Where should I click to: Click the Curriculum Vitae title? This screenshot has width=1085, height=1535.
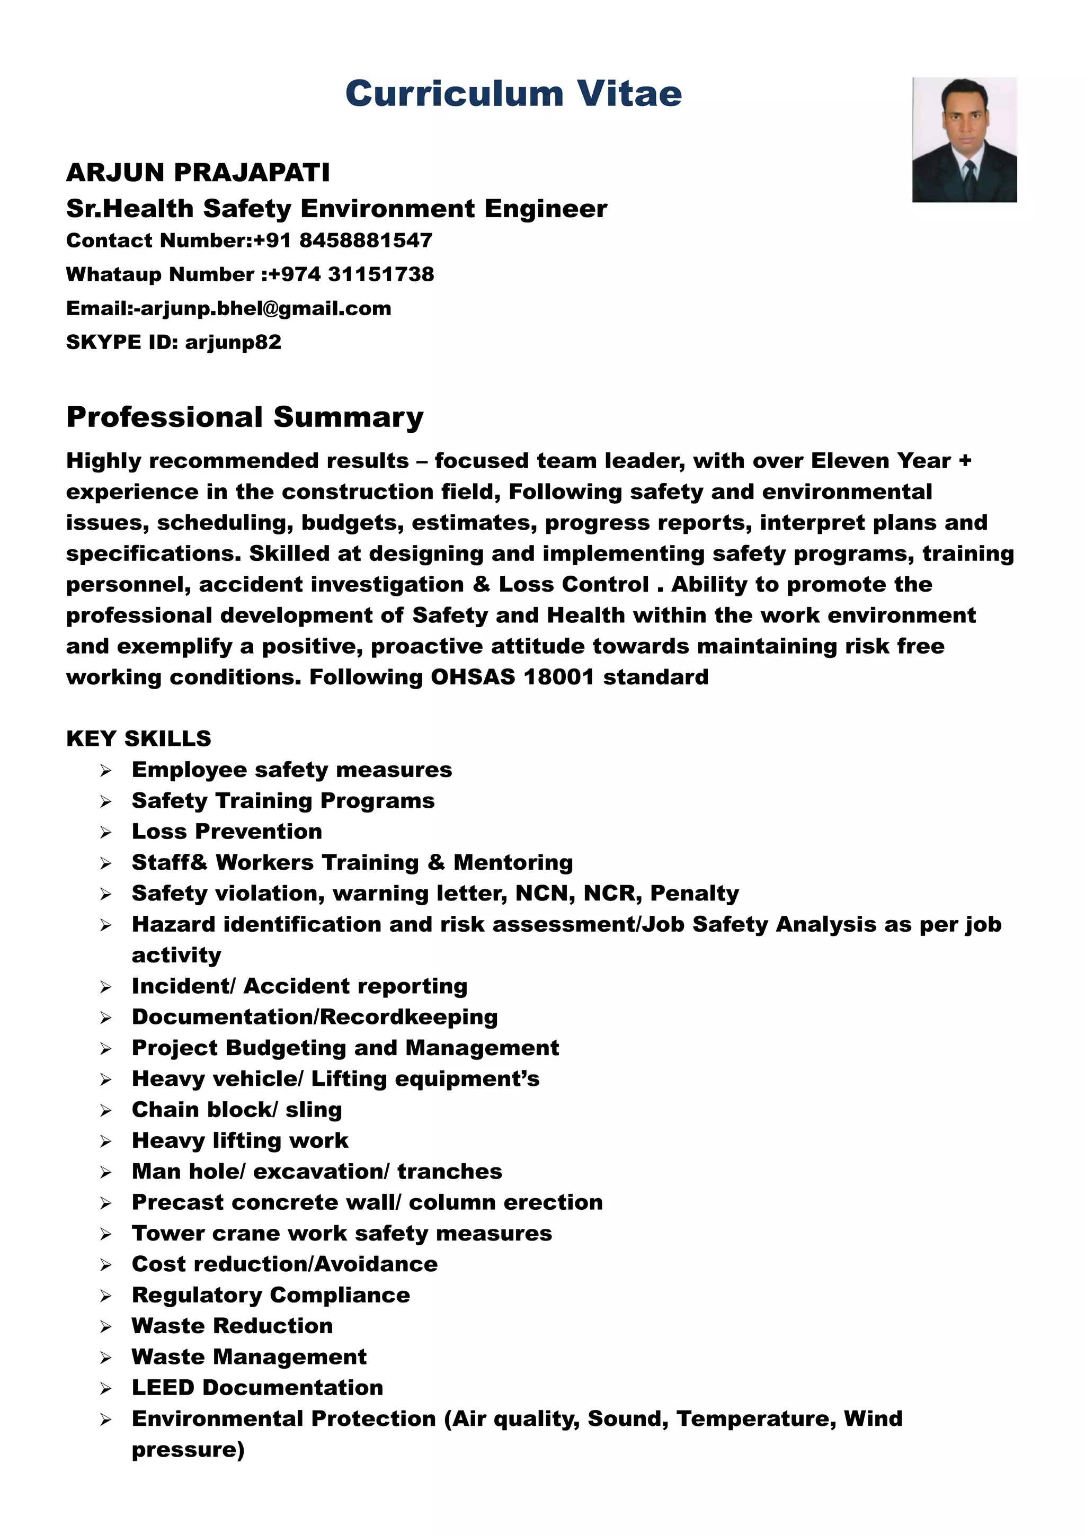pos(513,94)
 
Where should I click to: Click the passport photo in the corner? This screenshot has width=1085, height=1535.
pos(964,139)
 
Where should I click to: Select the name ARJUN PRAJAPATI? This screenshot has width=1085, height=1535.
pos(198,173)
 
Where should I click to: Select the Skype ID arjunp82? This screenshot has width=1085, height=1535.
pos(233,342)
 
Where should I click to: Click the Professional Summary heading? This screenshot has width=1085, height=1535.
pos(245,417)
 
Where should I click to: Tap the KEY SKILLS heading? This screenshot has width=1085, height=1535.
pos(138,739)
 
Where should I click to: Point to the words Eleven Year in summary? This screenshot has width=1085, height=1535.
pos(881,461)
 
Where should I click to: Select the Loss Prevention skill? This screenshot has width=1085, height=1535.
pos(227,832)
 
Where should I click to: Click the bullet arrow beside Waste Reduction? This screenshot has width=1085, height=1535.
pos(105,1326)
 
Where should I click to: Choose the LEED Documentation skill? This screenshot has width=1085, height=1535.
pos(257,1388)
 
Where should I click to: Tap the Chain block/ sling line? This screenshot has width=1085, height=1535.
pos(237,1110)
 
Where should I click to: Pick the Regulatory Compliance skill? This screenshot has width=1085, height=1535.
pos(271,1295)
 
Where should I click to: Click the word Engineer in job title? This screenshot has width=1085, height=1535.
pos(546,209)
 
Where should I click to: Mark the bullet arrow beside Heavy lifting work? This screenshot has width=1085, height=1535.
pos(105,1141)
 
